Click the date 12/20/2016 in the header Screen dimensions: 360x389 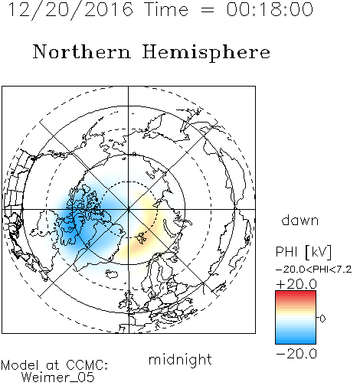(x=70, y=10)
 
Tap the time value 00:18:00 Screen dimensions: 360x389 (x=270, y=9)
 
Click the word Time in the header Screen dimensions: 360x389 (x=166, y=9)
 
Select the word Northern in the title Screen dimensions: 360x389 (x=82, y=51)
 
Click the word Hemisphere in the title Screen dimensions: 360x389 (x=206, y=53)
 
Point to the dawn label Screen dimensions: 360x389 (x=300, y=221)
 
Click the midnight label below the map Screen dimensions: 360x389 (x=180, y=360)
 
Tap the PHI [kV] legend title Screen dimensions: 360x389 (x=303, y=252)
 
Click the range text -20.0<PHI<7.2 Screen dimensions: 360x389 (x=314, y=270)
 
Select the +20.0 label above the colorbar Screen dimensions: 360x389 (x=296, y=284)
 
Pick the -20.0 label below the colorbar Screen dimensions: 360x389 (x=296, y=354)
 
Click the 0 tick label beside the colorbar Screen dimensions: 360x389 (x=322, y=319)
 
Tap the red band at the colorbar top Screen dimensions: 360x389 (x=296, y=293)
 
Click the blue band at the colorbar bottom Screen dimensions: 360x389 (x=296, y=341)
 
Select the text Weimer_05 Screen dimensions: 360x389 (x=57, y=378)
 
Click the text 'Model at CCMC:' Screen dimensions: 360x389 (x=54, y=365)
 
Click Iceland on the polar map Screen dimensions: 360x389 (x=112, y=273)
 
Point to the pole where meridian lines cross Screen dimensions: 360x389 (x=128, y=209)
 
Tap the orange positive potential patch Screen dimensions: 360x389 (x=139, y=240)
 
